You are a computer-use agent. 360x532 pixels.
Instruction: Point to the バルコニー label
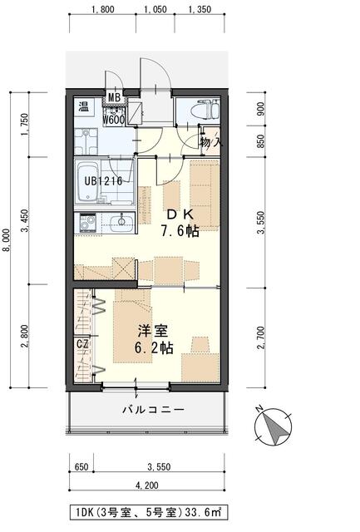153,410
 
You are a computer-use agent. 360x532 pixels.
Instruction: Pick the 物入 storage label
211,142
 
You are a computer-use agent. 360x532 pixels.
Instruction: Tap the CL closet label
83,342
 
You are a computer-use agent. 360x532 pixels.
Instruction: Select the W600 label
115,119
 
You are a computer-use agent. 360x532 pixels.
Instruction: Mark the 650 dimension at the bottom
81,467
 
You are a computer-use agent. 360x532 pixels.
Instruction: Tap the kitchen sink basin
122,223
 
